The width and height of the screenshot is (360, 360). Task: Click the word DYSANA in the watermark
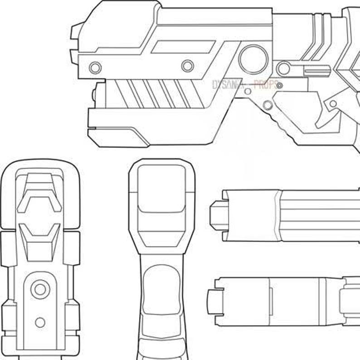pos(227,84)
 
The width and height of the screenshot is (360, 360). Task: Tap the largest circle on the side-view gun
pos(253,59)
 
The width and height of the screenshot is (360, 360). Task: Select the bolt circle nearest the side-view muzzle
pos(95,68)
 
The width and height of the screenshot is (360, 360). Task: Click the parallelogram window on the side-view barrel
pos(183,47)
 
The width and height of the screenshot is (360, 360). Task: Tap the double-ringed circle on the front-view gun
pos(40,289)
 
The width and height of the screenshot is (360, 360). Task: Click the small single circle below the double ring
pos(40,322)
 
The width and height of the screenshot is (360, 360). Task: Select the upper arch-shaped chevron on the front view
pos(39,193)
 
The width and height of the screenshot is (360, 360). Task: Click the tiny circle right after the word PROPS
pos(280,85)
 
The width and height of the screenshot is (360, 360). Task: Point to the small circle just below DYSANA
pos(248,92)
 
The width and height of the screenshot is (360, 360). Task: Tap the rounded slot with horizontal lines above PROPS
pos(316,71)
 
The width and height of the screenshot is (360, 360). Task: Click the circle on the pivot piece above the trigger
pos(333,104)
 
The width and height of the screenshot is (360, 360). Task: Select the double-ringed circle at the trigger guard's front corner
pos(268,106)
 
